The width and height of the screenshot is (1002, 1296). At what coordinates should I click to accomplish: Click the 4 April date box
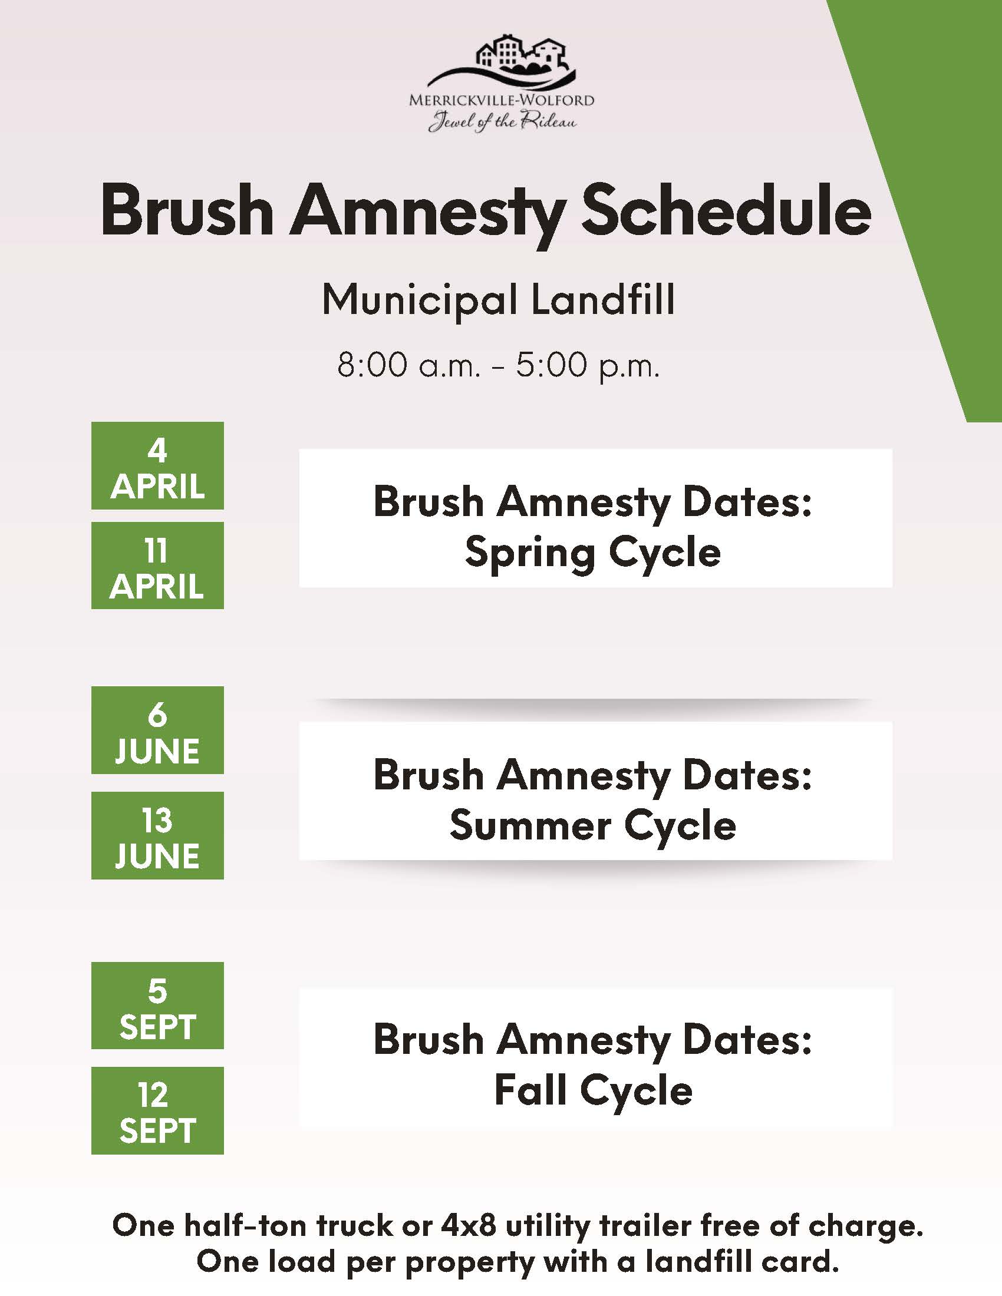(x=157, y=466)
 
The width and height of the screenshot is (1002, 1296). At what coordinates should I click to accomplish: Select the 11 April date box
(x=157, y=566)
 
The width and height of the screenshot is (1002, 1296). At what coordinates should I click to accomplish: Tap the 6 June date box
(x=157, y=730)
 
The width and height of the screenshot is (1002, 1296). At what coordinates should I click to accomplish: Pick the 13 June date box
(x=157, y=835)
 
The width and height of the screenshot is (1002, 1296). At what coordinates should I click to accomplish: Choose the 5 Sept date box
(x=157, y=1005)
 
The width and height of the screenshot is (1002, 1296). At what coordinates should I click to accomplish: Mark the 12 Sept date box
(x=157, y=1110)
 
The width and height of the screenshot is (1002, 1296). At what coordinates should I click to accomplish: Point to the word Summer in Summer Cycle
(x=530, y=825)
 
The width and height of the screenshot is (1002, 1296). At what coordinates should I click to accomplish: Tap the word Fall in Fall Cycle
(x=530, y=1090)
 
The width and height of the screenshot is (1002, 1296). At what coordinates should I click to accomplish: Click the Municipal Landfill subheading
(x=499, y=299)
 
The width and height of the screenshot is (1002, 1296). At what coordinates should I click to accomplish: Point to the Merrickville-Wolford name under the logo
(x=502, y=100)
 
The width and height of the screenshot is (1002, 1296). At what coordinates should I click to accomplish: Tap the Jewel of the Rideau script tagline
(x=502, y=122)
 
